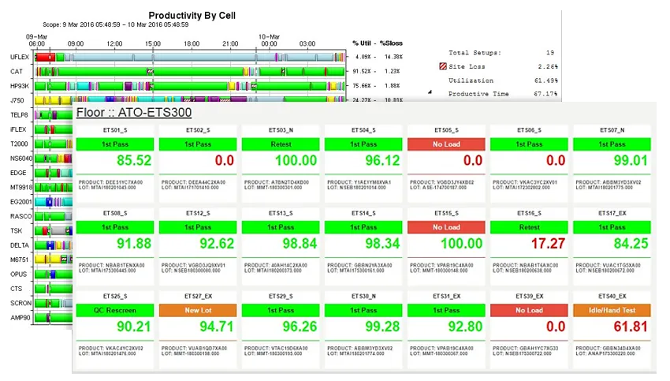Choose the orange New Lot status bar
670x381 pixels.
click(x=199, y=311)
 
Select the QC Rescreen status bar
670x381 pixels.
click(x=117, y=311)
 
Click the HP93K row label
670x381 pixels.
click(x=19, y=86)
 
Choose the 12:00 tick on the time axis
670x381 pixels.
click(x=114, y=43)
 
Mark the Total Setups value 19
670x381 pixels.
click(x=550, y=53)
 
